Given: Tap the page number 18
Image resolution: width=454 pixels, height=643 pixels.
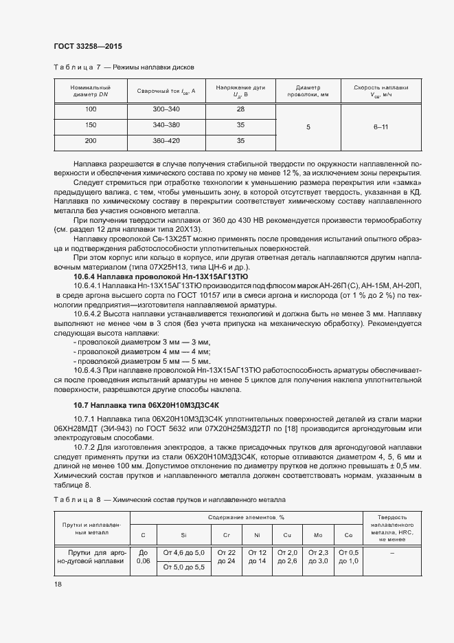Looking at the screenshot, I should pyautogui.click(x=58, y=584).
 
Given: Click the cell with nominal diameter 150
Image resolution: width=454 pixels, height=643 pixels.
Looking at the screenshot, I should pyautogui.click(x=91, y=125).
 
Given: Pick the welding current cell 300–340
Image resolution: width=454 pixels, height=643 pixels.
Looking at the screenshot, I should pyautogui.click(x=166, y=110).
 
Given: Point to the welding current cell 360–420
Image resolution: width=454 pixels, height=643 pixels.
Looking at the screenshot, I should pyautogui.click(x=166, y=141).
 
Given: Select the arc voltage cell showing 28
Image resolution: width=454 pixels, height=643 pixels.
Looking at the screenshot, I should pyautogui.click(x=240, y=110).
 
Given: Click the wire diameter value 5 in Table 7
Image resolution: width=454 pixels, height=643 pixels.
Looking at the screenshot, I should pyautogui.click(x=308, y=127).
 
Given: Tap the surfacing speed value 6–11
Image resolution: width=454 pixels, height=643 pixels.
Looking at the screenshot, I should pyautogui.click(x=381, y=127).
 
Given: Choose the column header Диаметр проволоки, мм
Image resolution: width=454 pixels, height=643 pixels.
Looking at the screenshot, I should pyautogui.click(x=308, y=91).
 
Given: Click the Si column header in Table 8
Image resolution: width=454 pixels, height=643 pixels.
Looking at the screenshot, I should pyautogui.click(x=183, y=534).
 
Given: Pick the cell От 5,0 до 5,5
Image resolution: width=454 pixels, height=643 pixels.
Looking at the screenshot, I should pyautogui.click(x=183, y=567).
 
